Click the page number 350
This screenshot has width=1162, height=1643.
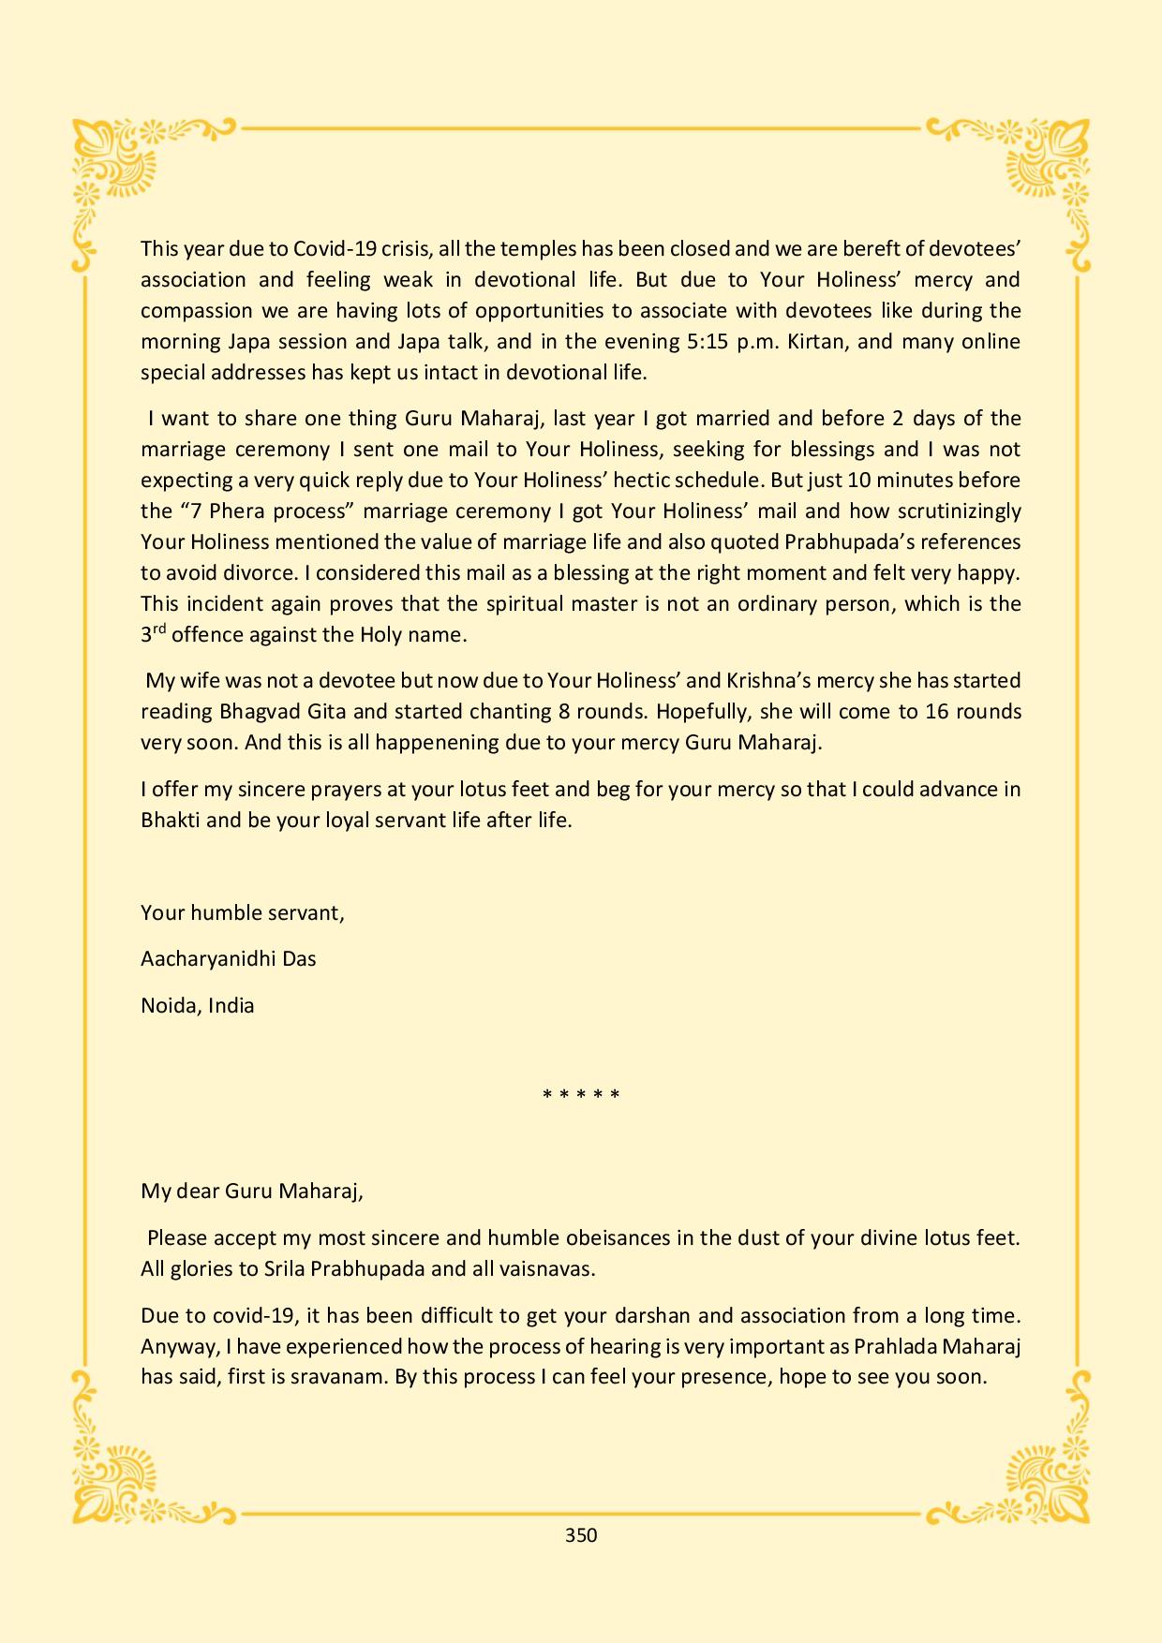pos(581,1535)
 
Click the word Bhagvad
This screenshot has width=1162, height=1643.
pos(260,712)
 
